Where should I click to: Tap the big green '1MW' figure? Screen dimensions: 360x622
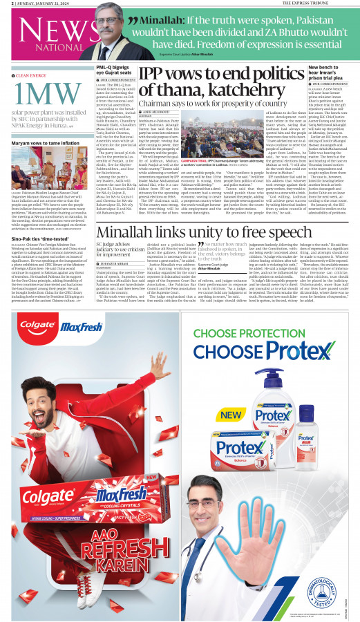tap(40, 95)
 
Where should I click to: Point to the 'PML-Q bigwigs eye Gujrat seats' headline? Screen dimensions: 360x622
tap(115, 70)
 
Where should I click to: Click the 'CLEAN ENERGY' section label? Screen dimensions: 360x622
tap(31, 75)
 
